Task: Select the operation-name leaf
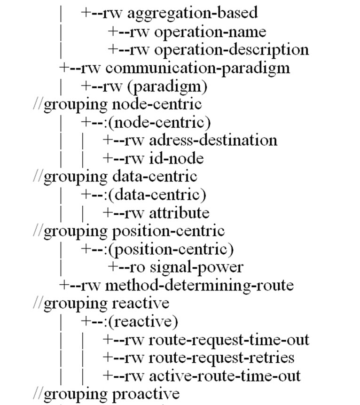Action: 210,31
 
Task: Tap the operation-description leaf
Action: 231,49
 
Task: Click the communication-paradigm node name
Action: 197,68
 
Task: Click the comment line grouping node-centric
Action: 117,104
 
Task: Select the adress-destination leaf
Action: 213,140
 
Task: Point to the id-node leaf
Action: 176,158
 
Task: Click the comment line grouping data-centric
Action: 115,176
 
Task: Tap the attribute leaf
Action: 179,213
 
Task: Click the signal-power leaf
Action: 196,267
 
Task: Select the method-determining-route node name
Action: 199,285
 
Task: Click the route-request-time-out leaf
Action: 229,340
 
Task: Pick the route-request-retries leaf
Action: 221,358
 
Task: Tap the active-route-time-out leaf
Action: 225,376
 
